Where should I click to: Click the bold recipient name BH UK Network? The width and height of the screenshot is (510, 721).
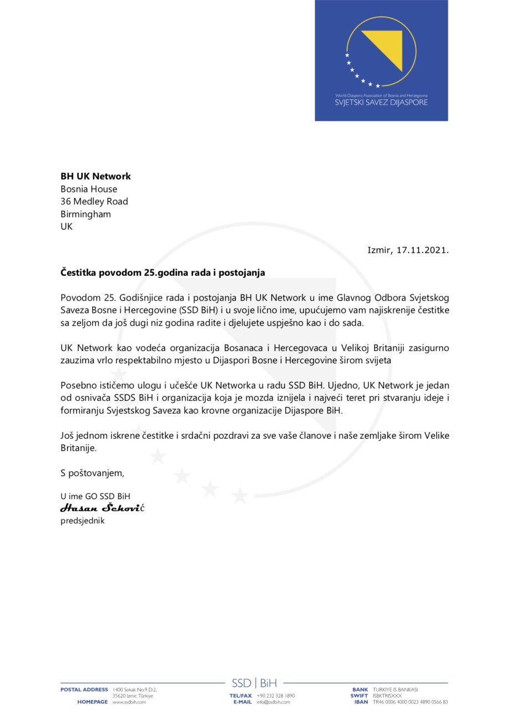click(x=95, y=176)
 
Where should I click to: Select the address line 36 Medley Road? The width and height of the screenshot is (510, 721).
click(x=94, y=201)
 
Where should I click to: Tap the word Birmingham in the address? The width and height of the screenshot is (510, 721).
click(x=85, y=214)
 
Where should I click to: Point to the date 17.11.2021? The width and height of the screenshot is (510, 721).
click(x=423, y=250)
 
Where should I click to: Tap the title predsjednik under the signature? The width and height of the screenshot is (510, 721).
click(x=82, y=521)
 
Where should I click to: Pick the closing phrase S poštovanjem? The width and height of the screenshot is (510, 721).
click(x=92, y=473)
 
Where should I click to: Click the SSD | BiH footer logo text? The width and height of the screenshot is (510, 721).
click(x=254, y=683)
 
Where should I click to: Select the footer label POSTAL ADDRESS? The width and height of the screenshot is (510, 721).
click(x=84, y=689)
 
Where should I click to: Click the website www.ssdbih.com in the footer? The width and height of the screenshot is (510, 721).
click(x=129, y=702)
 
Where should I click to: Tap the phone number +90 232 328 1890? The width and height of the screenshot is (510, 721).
click(x=276, y=695)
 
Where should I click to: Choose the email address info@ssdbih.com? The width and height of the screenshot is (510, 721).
click(x=273, y=702)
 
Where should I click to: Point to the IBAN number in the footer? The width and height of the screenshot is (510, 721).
click(x=410, y=702)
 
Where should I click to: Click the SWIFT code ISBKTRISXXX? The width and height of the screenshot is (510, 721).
click(x=387, y=695)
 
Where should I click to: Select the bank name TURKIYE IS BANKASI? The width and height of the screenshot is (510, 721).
click(x=395, y=689)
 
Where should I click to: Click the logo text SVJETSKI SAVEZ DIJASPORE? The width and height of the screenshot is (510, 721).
click(x=381, y=103)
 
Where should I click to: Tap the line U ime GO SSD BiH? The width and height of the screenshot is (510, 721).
click(x=95, y=496)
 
